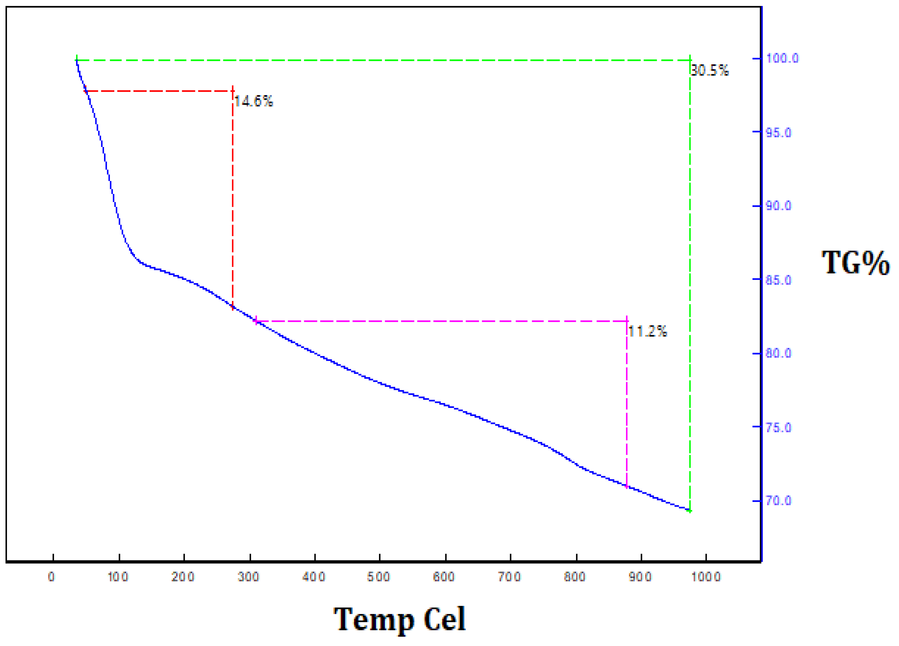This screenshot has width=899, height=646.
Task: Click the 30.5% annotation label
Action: (709, 71)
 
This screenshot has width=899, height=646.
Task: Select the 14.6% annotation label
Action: (254, 101)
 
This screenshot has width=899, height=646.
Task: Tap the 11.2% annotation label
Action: (648, 331)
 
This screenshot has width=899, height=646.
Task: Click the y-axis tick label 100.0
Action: (782, 58)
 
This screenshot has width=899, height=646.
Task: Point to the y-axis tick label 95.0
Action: (778, 132)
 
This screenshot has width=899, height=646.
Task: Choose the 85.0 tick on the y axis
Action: (778, 280)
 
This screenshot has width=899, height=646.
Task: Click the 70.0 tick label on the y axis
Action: (778, 501)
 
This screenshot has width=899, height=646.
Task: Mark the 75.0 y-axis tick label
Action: (778, 427)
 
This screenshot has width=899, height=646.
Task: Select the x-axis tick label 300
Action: (249, 577)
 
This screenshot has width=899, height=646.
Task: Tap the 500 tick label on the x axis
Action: (379, 577)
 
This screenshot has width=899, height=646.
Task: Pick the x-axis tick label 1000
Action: (706, 577)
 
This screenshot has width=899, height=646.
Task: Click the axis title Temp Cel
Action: (400, 620)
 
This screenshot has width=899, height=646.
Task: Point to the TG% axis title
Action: (855, 263)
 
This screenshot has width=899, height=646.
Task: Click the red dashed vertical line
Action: (233, 198)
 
